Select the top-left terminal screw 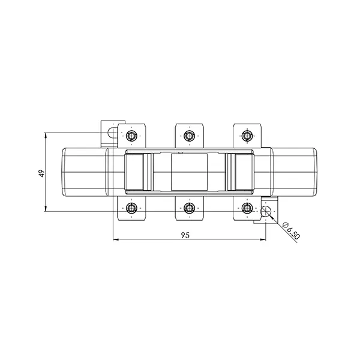point(132,135)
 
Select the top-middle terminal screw point(189,135)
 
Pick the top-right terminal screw point(246,135)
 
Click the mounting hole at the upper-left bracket point(111,133)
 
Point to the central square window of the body point(189,172)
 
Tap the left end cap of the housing point(85,172)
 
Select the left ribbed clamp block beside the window point(140,172)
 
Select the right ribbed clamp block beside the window point(239,172)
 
